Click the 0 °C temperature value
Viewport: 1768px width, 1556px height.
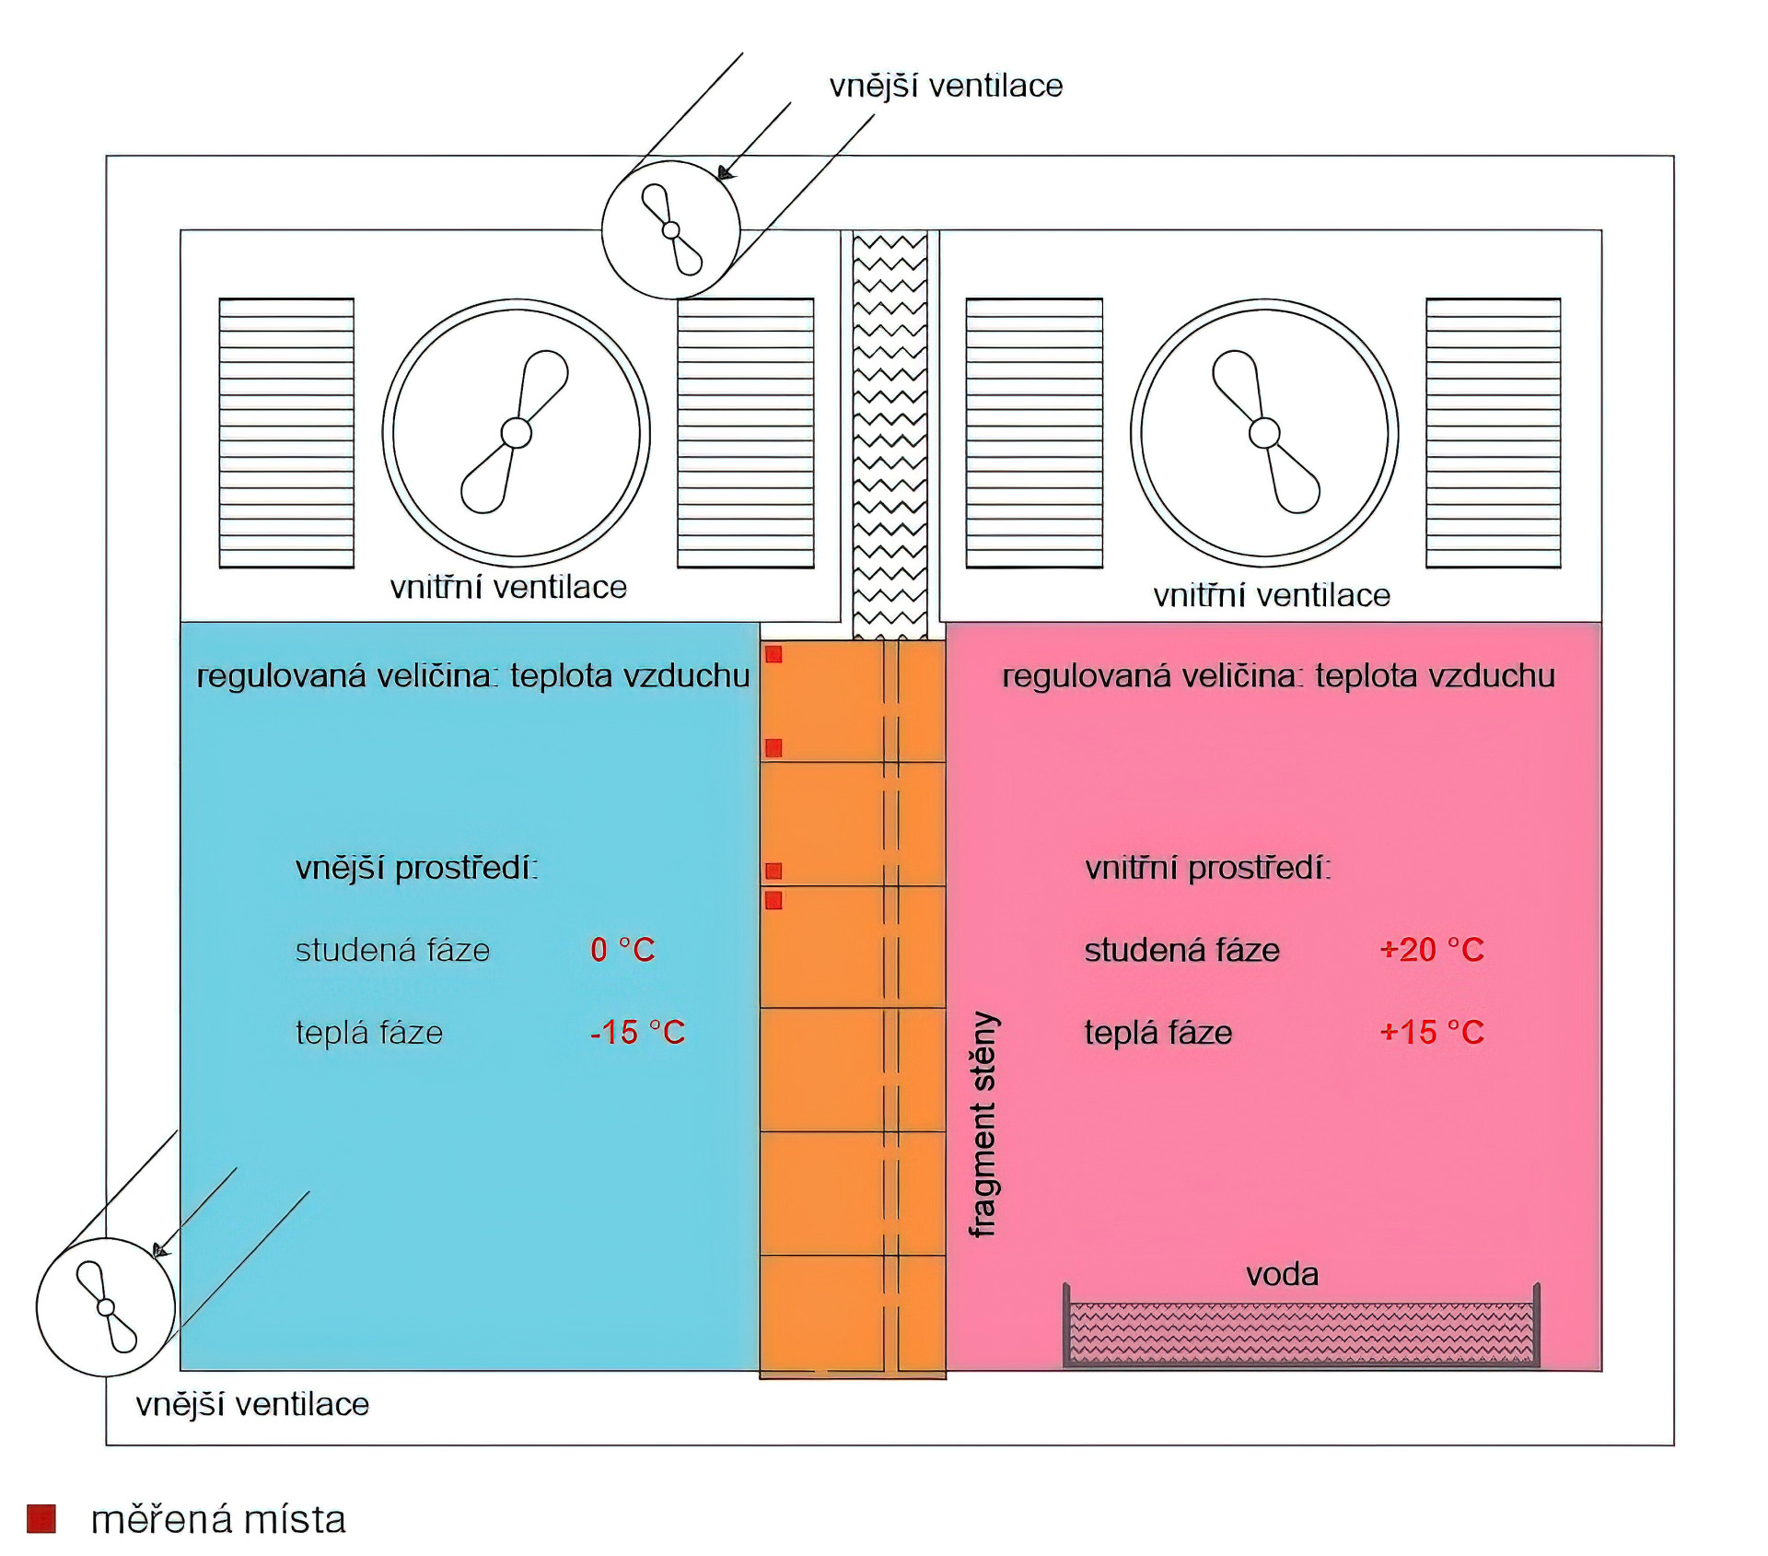pos(622,950)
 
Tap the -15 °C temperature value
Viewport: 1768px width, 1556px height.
pos(637,1033)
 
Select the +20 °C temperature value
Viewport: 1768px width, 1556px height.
pos(1432,950)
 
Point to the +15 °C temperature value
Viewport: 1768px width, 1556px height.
pos(1432,1033)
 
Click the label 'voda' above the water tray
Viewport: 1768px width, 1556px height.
pos(1282,1275)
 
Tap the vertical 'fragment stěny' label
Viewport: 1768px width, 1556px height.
pos(983,1124)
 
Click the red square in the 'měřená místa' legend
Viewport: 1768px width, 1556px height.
pos(41,1519)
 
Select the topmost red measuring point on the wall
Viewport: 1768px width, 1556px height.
pos(773,654)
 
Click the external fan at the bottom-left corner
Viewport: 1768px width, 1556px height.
pos(106,1307)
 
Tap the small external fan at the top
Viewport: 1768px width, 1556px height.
pos(670,229)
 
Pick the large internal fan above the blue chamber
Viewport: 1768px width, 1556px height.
pos(517,432)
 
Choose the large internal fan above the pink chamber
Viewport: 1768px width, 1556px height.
pos(1264,432)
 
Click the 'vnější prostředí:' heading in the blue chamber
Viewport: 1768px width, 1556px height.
pos(416,868)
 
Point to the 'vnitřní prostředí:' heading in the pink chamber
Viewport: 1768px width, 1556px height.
pos(1207,868)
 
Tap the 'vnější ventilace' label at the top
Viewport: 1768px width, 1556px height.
pos(946,86)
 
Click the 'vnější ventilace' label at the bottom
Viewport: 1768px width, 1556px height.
pos(252,1405)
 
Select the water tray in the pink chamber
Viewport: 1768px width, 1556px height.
pos(1302,1331)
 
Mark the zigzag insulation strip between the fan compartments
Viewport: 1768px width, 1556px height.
pos(890,433)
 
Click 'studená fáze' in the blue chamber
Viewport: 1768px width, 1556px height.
pos(392,950)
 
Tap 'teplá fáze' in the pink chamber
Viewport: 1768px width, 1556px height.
pos(1157,1033)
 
